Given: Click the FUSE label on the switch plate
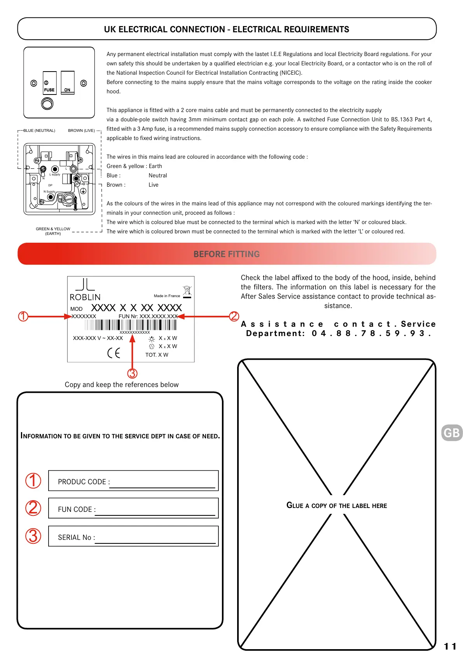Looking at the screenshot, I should coord(49,90).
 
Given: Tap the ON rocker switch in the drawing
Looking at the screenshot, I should coord(68,82).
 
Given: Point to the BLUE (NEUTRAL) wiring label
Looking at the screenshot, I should coord(39,131).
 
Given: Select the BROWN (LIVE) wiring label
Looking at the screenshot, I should coord(81,131).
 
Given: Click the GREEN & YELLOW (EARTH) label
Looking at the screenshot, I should coord(53,231).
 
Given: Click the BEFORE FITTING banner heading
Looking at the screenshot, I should coord(227,254).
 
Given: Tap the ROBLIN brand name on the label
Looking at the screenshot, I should coord(85,297).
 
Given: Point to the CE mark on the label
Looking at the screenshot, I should coord(114,353).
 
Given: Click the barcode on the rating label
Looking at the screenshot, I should coord(135,325).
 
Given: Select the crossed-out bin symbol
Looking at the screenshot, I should coord(187,291).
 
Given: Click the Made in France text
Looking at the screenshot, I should coord(167,296).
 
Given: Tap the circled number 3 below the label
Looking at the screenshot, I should coord(132,373).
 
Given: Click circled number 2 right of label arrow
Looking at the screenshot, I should coord(234,316).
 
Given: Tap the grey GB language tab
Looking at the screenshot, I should coord(452,433).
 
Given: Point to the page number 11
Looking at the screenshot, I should coord(450,646).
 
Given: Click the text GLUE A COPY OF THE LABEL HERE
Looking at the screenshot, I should coord(337,505).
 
